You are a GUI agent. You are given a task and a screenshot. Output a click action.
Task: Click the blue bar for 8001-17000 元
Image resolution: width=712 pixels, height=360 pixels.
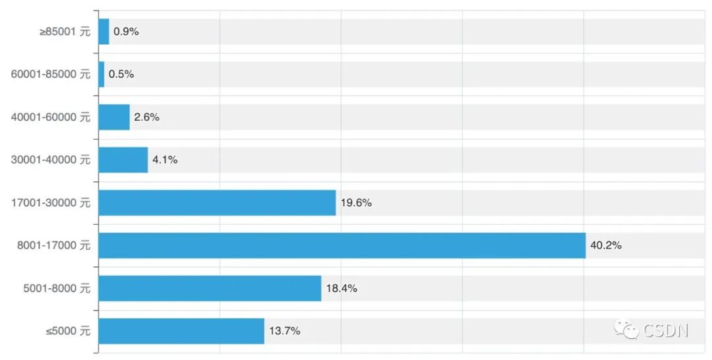[x=341, y=245]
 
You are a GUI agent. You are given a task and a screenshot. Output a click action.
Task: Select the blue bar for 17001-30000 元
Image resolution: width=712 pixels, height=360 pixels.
[x=217, y=202]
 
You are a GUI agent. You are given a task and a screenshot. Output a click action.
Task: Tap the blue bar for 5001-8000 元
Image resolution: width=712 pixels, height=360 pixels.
[x=210, y=288]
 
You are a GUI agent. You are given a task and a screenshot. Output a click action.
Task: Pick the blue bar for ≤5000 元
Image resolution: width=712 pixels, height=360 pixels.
[x=181, y=331]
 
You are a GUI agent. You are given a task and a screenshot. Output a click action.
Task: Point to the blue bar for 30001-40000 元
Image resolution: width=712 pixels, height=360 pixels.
[x=123, y=160]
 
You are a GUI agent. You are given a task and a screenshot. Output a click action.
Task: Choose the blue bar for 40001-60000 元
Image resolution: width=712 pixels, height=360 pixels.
[x=114, y=117]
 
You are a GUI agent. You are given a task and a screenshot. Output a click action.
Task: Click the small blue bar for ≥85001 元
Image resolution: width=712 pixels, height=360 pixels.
[x=104, y=32]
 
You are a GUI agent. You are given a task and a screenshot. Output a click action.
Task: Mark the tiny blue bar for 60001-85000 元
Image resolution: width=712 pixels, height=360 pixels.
[x=102, y=75]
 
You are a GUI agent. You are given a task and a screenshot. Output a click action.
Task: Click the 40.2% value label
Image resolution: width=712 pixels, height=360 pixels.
[x=606, y=245]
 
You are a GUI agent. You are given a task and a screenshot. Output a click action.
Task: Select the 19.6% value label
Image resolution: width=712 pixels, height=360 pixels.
[x=356, y=202]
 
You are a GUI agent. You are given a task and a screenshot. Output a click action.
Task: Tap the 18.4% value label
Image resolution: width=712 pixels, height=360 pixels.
[x=341, y=288]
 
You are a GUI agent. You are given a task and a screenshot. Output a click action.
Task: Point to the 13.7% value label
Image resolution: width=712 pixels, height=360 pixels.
[x=284, y=331]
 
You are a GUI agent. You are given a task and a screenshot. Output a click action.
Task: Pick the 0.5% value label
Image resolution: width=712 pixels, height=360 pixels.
[x=121, y=75]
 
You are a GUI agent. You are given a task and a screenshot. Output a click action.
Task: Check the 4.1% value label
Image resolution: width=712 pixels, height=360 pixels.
[x=165, y=160]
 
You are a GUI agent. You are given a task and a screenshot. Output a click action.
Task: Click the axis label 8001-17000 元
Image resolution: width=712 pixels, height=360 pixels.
[x=53, y=245]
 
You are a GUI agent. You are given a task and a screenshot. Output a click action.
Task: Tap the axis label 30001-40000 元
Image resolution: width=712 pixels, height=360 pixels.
[x=51, y=160]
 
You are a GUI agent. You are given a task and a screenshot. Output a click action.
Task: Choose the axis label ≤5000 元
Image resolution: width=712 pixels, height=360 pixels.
[x=68, y=331]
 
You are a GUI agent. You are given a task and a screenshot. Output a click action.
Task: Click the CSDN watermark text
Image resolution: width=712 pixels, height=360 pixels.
[x=665, y=330]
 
